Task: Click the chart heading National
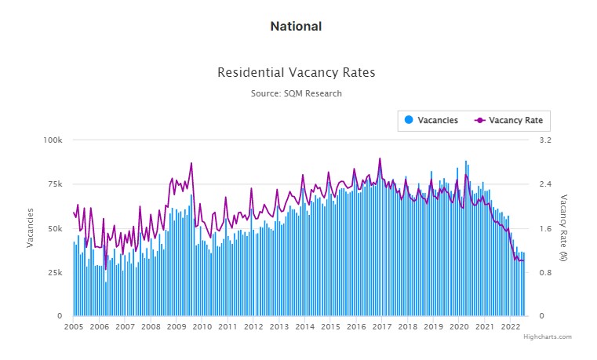coord(296,26)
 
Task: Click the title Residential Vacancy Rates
coord(296,72)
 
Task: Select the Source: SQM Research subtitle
coord(296,93)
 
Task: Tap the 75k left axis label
coord(54,184)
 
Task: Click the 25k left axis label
coord(54,272)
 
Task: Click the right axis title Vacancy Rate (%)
coord(563,227)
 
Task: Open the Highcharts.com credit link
coord(548,336)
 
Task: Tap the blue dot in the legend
coord(409,120)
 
